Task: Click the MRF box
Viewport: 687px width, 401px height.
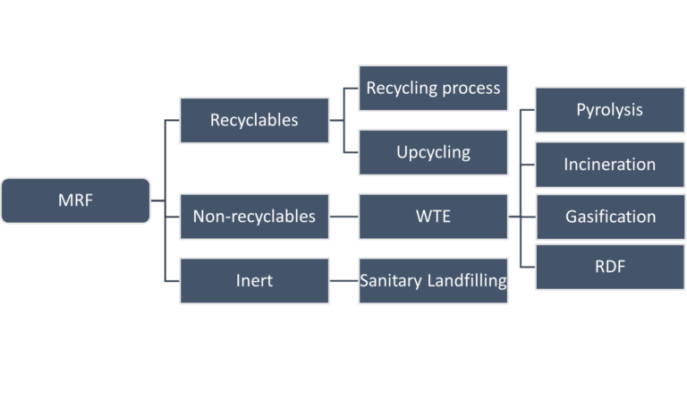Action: [76, 200]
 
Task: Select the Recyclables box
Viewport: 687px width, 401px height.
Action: [253, 120]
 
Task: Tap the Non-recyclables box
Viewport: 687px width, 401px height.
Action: [253, 216]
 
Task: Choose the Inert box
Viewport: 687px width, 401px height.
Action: [253, 280]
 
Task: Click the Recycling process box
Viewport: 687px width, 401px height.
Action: [433, 88]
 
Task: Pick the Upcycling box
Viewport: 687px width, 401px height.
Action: [433, 151]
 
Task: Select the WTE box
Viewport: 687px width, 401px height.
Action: [433, 216]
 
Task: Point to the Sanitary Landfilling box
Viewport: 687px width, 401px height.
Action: [433, 280]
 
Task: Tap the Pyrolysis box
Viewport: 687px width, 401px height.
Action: [609, 111]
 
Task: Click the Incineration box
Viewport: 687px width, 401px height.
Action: [609, 165]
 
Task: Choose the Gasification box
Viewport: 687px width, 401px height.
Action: [609, 217]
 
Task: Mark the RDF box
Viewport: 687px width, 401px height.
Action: [609, 266]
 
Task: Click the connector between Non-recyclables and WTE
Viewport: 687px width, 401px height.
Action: [343, 216]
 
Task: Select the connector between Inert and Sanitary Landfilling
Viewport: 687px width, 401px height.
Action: [343, 280]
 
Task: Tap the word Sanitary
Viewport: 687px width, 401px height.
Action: [390, 280]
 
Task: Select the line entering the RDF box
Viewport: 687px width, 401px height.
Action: [527, 266]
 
